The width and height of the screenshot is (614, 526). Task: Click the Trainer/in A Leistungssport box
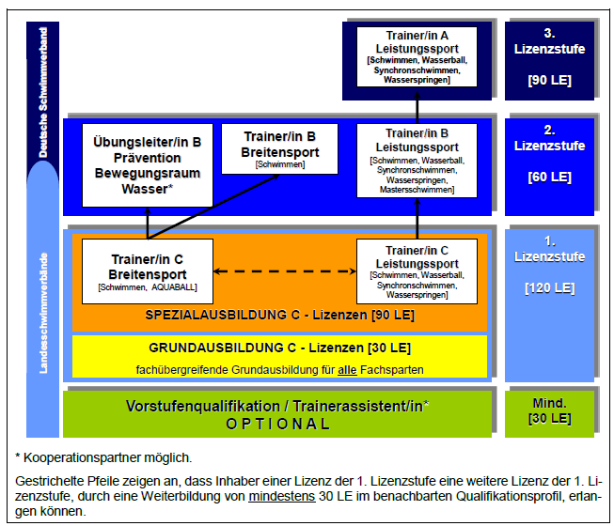[417, 56]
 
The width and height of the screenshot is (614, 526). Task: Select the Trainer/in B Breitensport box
[279, 148]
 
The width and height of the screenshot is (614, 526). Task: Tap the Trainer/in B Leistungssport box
[417, 161]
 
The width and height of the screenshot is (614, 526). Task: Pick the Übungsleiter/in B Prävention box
[148, 165]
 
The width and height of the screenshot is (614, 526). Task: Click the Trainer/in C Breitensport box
[148, 271]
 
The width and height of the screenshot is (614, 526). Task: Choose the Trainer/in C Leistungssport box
[417, 271]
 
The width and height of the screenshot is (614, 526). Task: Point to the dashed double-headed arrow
[285, 271]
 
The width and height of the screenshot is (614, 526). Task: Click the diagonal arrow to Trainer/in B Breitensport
[213, 207]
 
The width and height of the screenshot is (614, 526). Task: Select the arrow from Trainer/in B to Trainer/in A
[417, 107]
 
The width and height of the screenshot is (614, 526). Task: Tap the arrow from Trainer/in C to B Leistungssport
[417, 219]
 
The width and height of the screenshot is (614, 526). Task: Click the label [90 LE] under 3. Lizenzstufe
[549, 80]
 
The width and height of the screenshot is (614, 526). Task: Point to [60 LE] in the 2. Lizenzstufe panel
[549, 178]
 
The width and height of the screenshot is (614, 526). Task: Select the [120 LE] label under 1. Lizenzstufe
[549, 288]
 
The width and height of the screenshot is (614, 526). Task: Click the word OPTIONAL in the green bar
[278, 424]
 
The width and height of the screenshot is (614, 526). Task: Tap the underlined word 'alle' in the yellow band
[347, 369]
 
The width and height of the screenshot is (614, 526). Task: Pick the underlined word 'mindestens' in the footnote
[282, 496]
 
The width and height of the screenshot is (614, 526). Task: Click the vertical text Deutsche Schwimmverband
[42, 92]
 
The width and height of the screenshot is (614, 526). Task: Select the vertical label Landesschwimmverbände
[43, 314]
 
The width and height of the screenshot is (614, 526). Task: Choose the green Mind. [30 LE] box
[549, 414]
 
